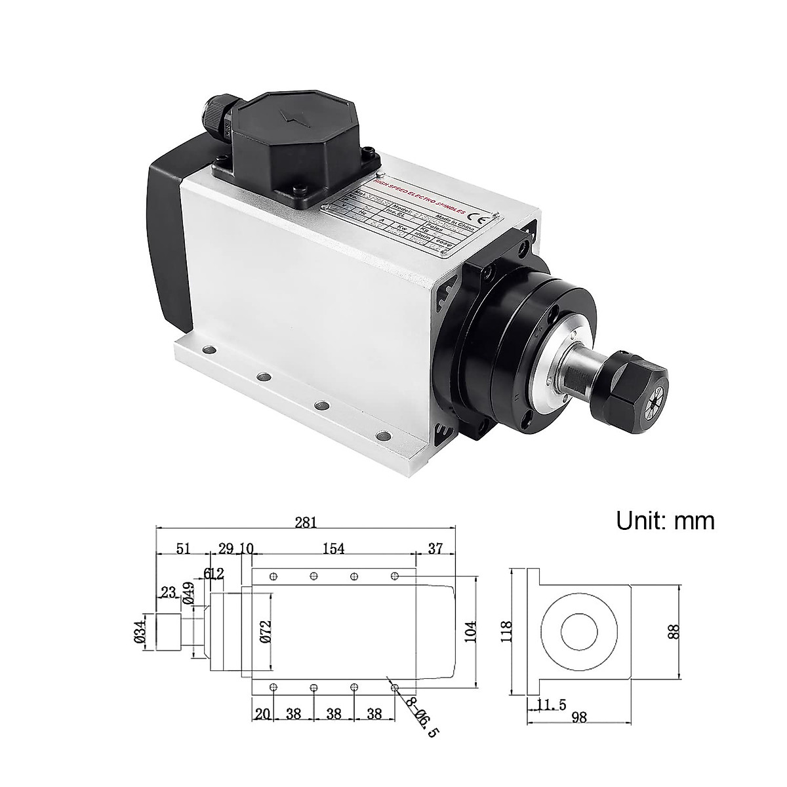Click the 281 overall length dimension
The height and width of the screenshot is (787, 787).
click(306, 522)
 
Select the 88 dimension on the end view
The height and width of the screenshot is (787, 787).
click(676, 631)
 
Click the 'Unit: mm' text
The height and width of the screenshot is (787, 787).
click(664, 521)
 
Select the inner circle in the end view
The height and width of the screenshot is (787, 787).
click(579, 632)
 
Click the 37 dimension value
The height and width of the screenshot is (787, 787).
click(435, 548)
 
